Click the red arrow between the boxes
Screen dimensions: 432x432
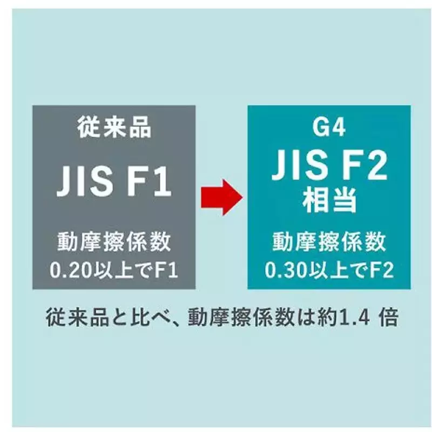222,197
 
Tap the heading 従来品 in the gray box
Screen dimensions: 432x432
114,127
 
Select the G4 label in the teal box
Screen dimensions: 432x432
329,127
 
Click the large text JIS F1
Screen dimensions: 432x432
114,181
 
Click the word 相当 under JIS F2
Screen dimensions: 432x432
329,200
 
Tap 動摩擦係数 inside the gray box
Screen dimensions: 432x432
114,242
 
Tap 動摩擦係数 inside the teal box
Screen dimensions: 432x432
329,242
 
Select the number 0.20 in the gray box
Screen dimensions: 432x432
71,270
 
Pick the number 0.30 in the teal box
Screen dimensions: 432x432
286,270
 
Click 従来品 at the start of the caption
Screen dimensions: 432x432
77,318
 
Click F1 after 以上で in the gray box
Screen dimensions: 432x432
166,270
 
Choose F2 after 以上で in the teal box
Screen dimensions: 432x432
382,270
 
